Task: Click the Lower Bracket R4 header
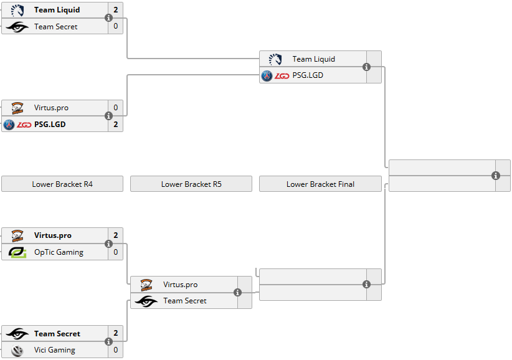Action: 62,184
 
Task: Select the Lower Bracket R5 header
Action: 191,184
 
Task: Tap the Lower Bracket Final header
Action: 320,184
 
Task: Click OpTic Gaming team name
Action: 59,252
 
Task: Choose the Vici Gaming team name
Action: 55,350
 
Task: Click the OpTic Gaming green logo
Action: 17,252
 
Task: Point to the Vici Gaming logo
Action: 17,350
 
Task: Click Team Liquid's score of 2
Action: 115,10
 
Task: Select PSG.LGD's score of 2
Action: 115,124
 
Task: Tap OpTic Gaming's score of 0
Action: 115,252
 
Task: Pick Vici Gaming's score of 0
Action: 115,350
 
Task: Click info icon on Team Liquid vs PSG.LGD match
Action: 366,67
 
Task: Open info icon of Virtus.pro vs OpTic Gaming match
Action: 108,244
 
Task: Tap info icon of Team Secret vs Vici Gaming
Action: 108,342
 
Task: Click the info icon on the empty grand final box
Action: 496,176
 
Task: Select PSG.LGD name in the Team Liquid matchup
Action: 308,75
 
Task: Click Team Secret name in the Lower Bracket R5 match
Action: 185,301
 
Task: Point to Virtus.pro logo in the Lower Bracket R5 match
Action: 146,285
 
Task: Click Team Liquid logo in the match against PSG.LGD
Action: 275,59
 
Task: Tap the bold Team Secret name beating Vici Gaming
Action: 57,334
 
